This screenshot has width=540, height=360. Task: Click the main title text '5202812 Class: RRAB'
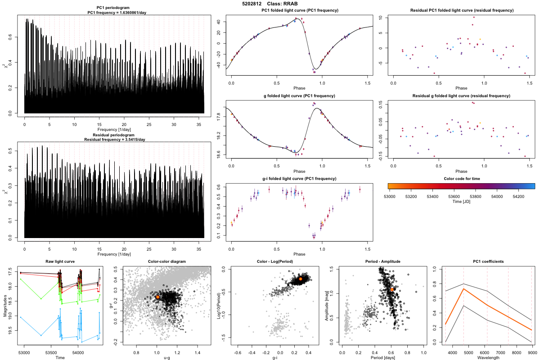(x=270, y=4)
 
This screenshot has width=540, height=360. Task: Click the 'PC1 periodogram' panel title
(x=114, y=9)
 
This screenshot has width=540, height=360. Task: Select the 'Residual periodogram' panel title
(x=114, y=135)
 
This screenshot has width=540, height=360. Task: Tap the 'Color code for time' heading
(x=461, y=179)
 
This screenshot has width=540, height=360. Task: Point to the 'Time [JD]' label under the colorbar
(x=461, y=202)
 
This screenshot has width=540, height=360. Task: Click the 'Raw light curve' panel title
(x=60, y=261)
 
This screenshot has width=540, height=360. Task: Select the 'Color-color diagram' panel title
(x=167, y=261)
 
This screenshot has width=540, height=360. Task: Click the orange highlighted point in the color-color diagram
(x=158, y=297)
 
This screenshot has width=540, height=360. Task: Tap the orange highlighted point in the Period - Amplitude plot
(x=392, y=289)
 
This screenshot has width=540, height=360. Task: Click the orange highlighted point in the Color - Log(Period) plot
(x=301, y=279)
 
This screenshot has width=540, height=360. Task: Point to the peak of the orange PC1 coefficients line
(x=463, y=289)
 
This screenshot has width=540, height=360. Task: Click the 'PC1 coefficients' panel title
(x=484, y=261)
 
